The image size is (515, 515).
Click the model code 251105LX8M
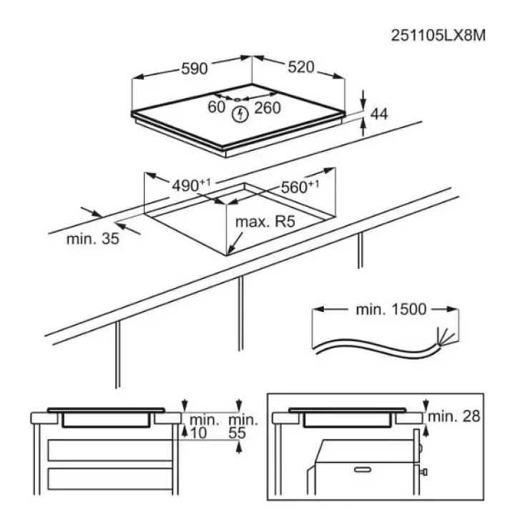pyautogui.click(x=438, y=36)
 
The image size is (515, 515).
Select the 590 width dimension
pyautogui.click(x=195, y=69)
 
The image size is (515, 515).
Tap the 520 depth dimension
pyautogui.click(x=301, y=67)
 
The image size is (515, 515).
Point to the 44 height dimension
pyautogui.click(x=379, y=114)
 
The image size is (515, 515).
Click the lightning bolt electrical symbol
pyautogui.click(x=240, y=114)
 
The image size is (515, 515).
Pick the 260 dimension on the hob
pyautogui.click(x=268, y=108)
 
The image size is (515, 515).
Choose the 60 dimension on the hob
pyautogui.click(x=217, y=107)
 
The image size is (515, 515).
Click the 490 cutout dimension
pyautogui.click(x=191, y=185)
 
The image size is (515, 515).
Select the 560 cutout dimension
pyautogui.click(x=300, y=187)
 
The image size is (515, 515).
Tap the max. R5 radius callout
pyautogui.click(x=265, y=222)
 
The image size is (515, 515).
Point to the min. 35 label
pyautogui.click(x=92, y=239)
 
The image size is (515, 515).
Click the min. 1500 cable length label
pyautogui.click(x=391, y=310)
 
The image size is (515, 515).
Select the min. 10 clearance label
pyautogui.click(x=204, y=426)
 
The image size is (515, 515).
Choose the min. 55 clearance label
pyautogui.click(x=242, y=426)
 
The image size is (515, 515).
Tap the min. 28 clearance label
pyautogui.click(x=454, y=416)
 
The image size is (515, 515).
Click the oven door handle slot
pyautogui.click(x=363, y=470)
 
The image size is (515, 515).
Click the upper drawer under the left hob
pyautogui.click(x=110, y=450)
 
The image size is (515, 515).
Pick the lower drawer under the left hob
pyautogui.click(x=110, y=479)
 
